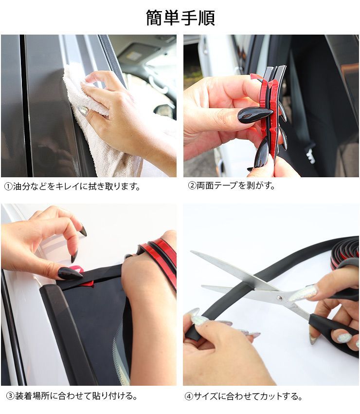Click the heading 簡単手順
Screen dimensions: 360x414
tap(180, 18)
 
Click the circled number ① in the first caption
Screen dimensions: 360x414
tap(8, 187)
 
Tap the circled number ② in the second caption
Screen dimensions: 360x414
tap(192, 186)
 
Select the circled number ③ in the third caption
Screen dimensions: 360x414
tap(10, 396)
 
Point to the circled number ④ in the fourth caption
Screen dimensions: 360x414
tap(189, 396)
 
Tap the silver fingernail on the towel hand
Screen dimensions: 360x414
tap(83, 111)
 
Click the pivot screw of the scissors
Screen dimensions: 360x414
tap(280, 298)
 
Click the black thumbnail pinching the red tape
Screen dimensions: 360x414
tap(255, 115)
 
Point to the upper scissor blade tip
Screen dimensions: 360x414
tap(192, 252)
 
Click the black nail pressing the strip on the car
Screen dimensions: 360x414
tap(70, 274)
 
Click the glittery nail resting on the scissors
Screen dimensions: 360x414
tap(303, 293)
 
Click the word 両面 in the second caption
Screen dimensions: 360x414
tap(205, 186)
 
